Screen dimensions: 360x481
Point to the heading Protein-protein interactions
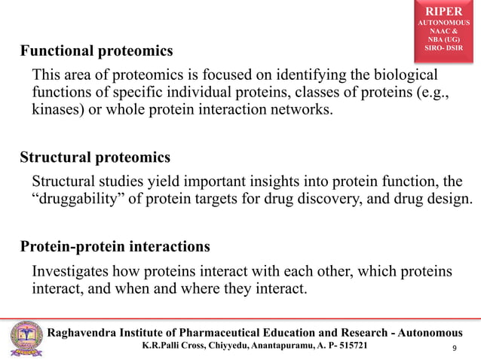pos(115,247)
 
